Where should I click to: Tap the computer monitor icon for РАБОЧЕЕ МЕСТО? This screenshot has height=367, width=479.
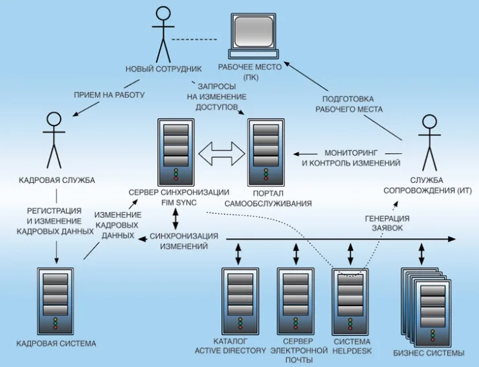click(x=254, y=36)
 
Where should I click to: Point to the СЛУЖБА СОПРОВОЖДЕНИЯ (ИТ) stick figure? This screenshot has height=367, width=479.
click(x=429, y=143)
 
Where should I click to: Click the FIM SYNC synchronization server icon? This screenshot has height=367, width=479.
click(x=176, y=152)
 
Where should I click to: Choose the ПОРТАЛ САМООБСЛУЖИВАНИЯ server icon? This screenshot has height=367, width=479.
click(x=266, y=152)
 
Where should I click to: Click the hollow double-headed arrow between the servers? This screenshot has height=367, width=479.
click(x=221, y=153)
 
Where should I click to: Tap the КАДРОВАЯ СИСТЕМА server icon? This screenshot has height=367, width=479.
click(x=55, y=301)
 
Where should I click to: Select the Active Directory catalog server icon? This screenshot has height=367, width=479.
click(x=240, y=301)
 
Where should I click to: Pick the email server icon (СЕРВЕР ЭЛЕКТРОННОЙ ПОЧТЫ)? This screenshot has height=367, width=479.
click(x=295, y=301)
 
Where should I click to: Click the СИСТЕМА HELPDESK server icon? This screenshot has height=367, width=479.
click(x=350, y=301)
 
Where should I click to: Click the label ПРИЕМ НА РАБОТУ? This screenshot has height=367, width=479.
click(x=109, y=95)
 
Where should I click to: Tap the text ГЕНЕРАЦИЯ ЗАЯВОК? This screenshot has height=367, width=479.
click(x=387, y=223)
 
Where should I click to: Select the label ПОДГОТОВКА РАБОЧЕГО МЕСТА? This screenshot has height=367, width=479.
click(x=349, y=104)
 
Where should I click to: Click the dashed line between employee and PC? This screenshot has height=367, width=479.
click(x=194, y=40)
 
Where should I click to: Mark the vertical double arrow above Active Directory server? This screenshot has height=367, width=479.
click(x=239, y=253)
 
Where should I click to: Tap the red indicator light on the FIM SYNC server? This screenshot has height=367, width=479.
click(x=176, y=178)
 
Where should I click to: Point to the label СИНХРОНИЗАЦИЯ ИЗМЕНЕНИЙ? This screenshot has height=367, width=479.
click(x=184, y=241)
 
